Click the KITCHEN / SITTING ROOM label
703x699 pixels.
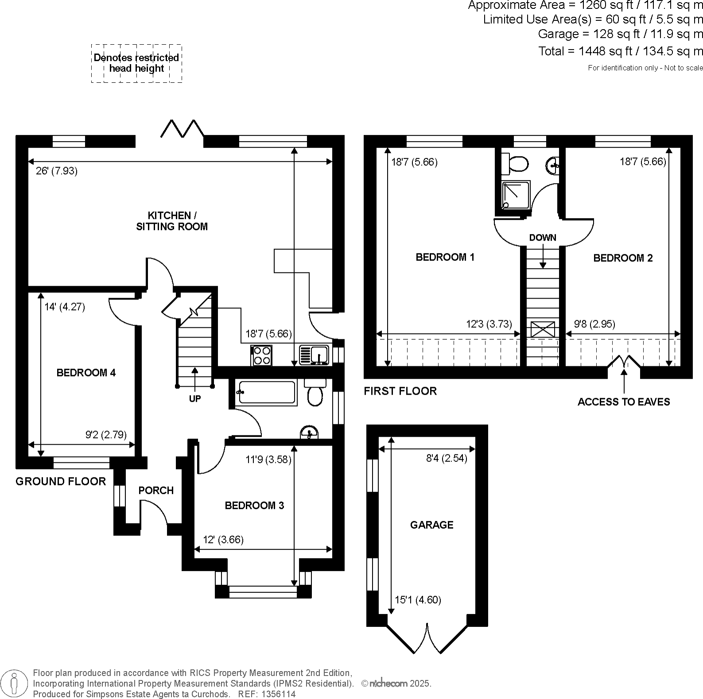(x=171, y=221)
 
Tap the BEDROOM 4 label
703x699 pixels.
(x=86, y=373)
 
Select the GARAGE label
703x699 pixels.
(x=431, y=525)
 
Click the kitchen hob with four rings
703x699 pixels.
(x=261, y=355)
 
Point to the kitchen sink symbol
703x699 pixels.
(x=314, y=355)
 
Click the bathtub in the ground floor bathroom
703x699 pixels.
(x=265, y=392)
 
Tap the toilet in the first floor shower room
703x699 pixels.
(x=515, y=163)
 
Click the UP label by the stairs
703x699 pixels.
(x=195, y=399)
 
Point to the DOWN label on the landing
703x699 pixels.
(x=543, y=238)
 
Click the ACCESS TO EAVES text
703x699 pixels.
(x=624, y=402)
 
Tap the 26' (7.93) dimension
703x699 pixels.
(x=57, y=171)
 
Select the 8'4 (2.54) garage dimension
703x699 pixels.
(x=447, y=458)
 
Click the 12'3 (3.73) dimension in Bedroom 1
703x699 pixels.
(x=489, y=324)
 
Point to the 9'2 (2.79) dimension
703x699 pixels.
(x=106, y=435)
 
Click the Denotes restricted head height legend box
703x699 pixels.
(x=136, y=63)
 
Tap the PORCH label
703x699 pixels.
(x=156, y=491)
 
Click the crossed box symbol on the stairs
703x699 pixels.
(x=543, y=330)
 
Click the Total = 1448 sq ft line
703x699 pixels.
(x=620, y=51)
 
